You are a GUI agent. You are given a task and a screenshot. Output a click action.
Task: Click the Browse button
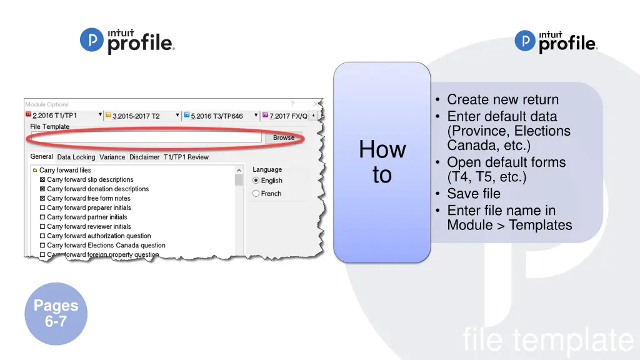point(284,137)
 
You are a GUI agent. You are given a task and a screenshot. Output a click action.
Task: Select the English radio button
point(256,181)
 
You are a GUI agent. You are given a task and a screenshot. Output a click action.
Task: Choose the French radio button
point(256,194)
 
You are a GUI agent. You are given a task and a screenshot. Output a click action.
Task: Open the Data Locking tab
point(76,157)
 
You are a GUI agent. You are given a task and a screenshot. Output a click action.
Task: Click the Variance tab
point(112,157)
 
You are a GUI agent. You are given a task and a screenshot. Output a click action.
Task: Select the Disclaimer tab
point(144,157)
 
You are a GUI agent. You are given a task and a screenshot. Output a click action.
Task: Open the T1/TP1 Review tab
point(186,157)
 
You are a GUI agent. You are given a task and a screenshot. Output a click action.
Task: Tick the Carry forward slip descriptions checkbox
point(42,180)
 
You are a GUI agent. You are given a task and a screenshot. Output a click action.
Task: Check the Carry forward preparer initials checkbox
point(42,208)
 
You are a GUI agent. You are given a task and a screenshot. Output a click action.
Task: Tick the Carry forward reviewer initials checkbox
point(42,227)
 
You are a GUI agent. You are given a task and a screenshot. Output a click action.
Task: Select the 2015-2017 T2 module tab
point(136,116)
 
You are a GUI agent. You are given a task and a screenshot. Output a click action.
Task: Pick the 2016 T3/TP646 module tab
point(216,116)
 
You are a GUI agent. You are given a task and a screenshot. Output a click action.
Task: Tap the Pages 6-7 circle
point(56,314)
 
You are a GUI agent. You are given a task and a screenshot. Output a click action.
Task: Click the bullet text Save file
point(474,194)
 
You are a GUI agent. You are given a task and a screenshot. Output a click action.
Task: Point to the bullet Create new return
point(502,99)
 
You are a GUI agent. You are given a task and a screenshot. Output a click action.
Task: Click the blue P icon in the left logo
point(91,41)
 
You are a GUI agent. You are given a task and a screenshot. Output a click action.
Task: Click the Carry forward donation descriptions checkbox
point(42,189)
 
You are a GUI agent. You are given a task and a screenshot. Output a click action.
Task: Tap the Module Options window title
point(47,104)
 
